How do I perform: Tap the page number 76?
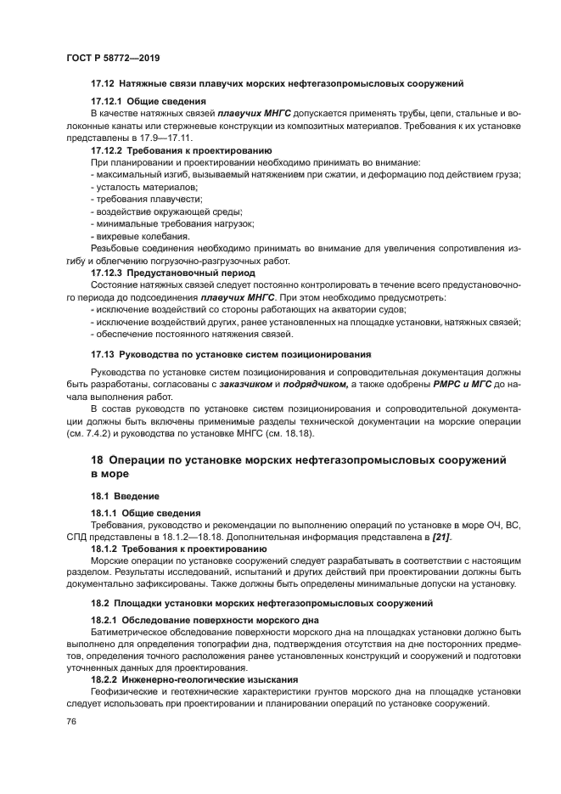coord(71,720)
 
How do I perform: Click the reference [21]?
coord(441,537)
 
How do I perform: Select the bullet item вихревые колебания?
coord(142,236)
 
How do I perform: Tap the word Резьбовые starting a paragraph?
coord(116,249)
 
